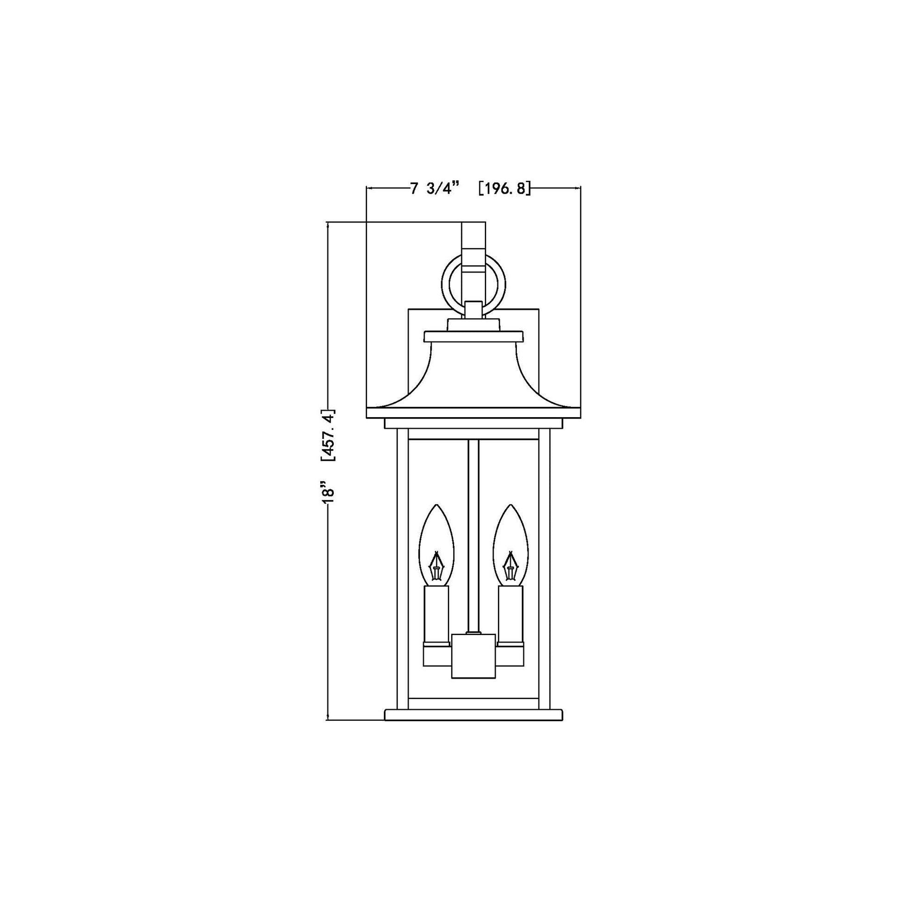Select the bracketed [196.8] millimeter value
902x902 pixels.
pos(505,189)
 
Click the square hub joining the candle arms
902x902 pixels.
pos(473,655)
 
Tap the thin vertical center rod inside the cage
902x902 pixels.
pos(473,514)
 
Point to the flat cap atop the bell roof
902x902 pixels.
pos(473,336)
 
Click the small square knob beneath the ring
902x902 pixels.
pos(473,309)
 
